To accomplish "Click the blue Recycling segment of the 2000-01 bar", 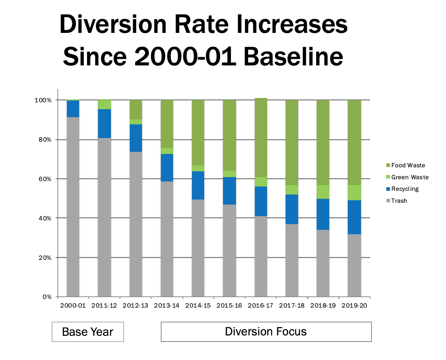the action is tap(73, 109).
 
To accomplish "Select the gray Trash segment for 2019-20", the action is tap(354, 265).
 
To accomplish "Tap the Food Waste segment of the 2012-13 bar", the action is tap(136, 110).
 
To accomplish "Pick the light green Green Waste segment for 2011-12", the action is tap(104, 104).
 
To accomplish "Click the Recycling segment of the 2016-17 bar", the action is tap(261, 201).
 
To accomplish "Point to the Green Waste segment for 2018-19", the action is tap(323, 192).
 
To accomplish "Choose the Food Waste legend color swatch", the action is tap(388, 165).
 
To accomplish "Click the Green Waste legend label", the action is tap(410, 177).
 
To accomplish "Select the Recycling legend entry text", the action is tap(405, 189).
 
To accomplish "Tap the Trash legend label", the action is tap(399, 201).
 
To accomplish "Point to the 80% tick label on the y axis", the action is tap(45, 140).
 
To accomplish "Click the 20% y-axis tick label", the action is tap(45, 258).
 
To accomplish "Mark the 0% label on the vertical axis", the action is tap(47, 297).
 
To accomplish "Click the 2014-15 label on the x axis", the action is tap(198, 305).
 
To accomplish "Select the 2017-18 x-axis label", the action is tap(292, 305).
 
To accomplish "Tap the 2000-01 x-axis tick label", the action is tap(73, 305).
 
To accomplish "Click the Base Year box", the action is tap(88, 332).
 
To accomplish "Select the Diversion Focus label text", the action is tap(266, 331).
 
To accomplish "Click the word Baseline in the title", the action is tap(293, 56).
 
